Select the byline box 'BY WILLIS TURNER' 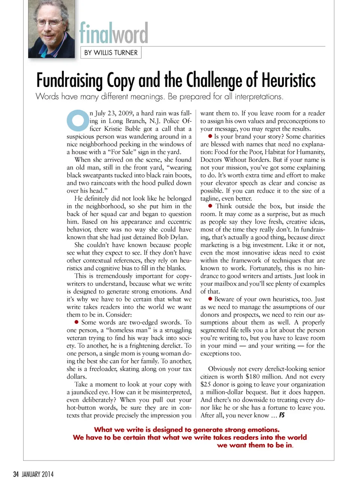(x=111, y=53)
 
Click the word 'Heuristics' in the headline (x=288, y=80)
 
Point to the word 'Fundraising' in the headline (x=69, y=80)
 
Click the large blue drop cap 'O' (x=78, y=120)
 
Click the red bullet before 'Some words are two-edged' (x=76, y=322)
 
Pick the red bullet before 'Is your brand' (x=210, y=136)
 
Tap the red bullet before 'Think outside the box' (x=210, y=206)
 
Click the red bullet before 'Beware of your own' (x=210, y=299)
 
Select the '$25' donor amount (x=205, y=384)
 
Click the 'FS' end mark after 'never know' (x=282, y=415)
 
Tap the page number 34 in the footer (x=16, y=474)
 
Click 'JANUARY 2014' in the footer (x=37, y=474)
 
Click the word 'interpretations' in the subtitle (x=258, y=96)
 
